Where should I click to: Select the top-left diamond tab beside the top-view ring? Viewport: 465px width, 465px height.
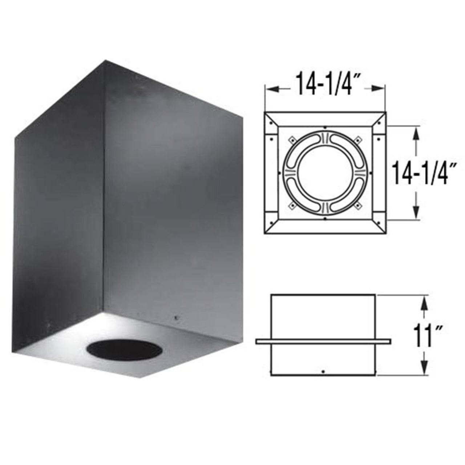coord(291,139)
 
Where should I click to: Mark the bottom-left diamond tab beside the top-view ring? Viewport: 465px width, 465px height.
coord(291,206)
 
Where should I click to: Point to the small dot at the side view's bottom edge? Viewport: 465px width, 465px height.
coord(323,372)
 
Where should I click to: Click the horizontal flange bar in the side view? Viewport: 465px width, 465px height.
coord(323,341)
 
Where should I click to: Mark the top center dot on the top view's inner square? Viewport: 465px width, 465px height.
coord(324,128)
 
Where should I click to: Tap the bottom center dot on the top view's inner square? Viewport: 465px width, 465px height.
coord(324,219)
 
